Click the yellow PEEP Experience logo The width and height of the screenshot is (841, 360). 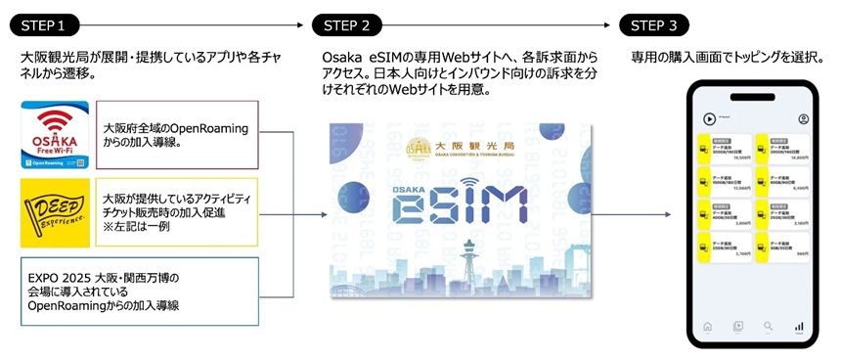[55, 211]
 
